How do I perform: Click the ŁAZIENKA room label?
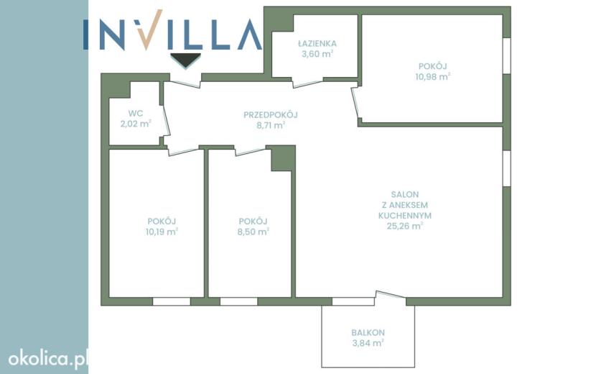[x=317, y=43]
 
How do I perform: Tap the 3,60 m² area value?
[x=317, y=54]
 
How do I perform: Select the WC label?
[x=136, y=113]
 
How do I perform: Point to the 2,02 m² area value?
[x=136, y=124]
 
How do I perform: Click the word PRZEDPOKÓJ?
[x=271, y=114]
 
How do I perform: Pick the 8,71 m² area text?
[x=271, y=125]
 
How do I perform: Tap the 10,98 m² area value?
[x=432, y=76]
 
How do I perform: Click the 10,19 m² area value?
[x=162, y=231]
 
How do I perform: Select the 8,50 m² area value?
[x=253, y=231]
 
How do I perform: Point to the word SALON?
[x=405, y=195]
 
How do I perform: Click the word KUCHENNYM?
[x=405, y=216]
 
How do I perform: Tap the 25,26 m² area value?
[x=405, y=226]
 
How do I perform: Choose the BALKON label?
[x=368, y=332]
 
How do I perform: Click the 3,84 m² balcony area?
[x=368, y=343]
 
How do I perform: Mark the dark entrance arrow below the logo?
[x=185, y=60]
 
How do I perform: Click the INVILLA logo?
[x=172, y=30]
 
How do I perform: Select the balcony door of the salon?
[x=391, y=295]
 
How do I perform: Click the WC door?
[x=166, y=120]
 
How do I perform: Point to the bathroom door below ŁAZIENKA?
[x=307, y=83]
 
